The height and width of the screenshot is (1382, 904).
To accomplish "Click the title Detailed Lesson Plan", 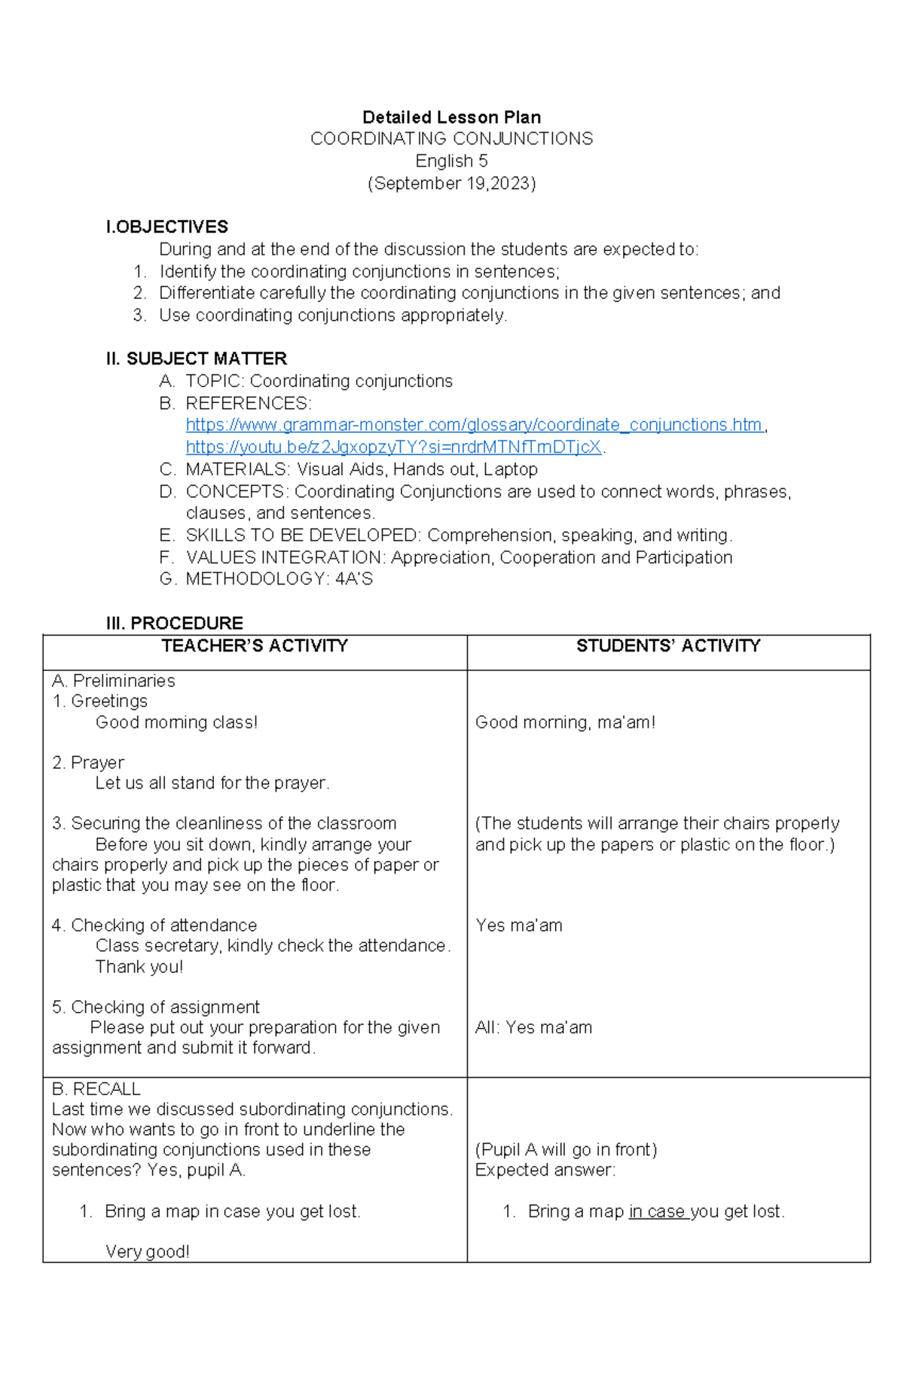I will point(451,117).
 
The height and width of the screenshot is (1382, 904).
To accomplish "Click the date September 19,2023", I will point(451,183).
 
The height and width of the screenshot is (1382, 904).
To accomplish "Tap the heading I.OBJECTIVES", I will point(166,227).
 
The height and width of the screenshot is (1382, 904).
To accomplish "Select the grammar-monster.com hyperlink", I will point(474,425).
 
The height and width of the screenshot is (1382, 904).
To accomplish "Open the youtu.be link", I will point(393,447).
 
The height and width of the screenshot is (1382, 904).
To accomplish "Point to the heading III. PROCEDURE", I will point(174,623).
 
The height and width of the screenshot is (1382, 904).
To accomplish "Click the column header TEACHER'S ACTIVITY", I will point(255,645).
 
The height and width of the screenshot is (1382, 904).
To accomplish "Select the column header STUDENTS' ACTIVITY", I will point(668,645).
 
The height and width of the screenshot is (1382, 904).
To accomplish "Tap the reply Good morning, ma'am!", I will point(565,722).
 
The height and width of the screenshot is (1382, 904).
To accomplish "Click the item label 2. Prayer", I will point(88,762).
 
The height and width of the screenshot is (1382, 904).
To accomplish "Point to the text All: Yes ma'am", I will point(533,1027).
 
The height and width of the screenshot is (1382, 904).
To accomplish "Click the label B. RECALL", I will point(96,1088).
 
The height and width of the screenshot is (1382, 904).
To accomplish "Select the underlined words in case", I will point(657,1211).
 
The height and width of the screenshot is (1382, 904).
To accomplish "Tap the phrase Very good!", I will point(147,1252).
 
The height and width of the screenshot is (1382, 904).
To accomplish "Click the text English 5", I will point(451,161).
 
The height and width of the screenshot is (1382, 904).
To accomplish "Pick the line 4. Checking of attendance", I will point(154,925).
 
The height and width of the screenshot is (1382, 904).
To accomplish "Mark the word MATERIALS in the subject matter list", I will point(236,469).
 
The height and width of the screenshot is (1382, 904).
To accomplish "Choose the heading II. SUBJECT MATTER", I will point(196,358).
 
